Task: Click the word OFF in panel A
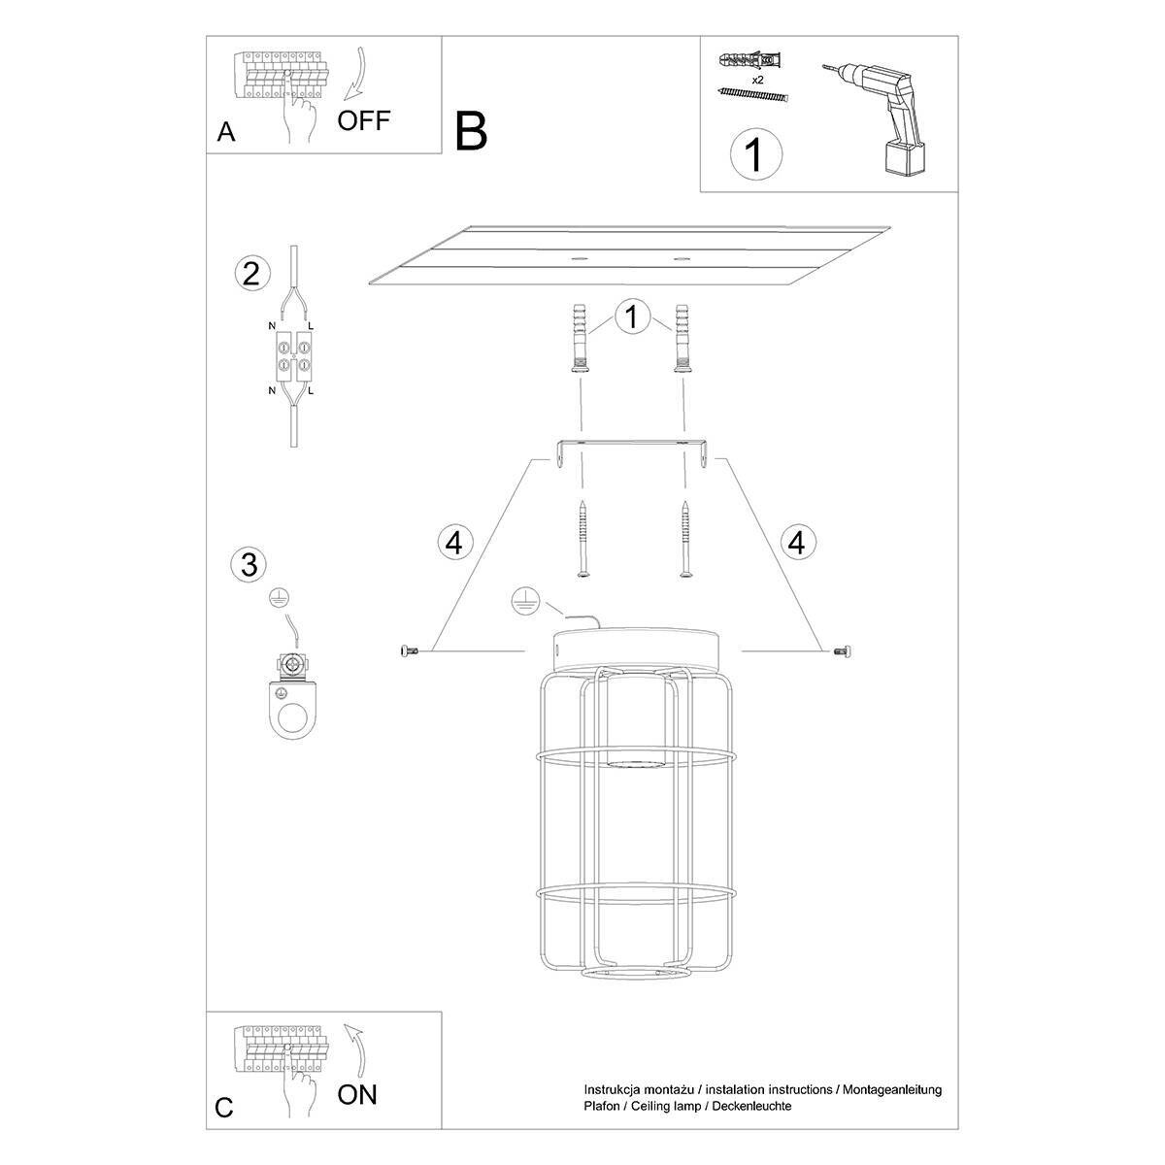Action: click(363, 120)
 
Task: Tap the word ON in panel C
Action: click(356, 1095)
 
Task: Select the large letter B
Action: click(471, 131)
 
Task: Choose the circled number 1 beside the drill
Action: click(755, 154)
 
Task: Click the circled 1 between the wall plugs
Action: click(632, 317)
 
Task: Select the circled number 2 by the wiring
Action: click(251, 274)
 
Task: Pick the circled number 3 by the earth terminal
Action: click(250, 563)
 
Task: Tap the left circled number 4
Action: click(453, 542)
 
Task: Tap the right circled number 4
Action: click(797, 542)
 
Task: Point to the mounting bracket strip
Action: click(632, 449)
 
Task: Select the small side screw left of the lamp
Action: click(408, 651)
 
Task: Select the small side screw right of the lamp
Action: click(840, 651)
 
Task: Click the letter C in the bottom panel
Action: click(225, 1109)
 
